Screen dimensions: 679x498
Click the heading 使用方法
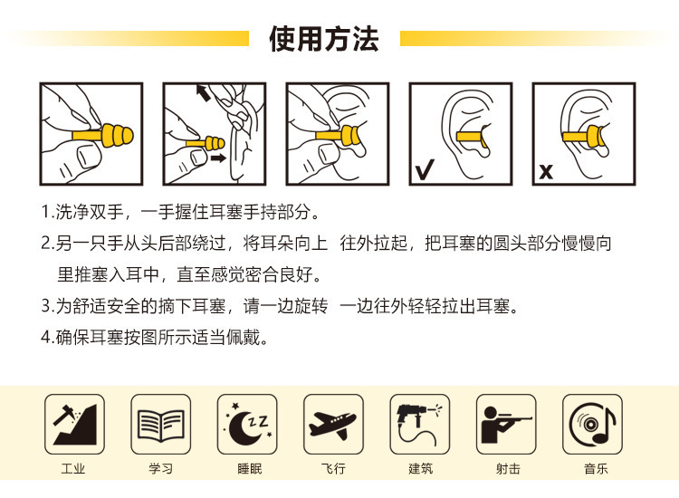click(323, 39)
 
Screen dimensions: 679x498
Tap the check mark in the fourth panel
click(425, 169)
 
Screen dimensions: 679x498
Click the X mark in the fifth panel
click(546, 172)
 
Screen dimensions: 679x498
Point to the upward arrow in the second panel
click(203, 92)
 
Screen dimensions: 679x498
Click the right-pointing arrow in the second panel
click(218, 158)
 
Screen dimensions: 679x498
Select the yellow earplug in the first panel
click(103, 136)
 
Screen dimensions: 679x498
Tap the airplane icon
click(332, 425)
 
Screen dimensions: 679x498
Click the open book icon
click(161, 426)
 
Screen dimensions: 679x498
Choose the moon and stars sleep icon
click(247, 425)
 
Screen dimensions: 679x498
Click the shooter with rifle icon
click(505, 425)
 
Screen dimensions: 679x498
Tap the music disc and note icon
click(592, 424)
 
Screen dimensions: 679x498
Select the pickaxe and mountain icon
click(75, 425)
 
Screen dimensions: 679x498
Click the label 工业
click(73, 468)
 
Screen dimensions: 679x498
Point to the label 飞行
click(333, 468)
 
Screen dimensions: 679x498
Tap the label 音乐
click(596, 468)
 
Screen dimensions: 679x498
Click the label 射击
click(508, 468)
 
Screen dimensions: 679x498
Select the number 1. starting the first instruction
click(48, 212)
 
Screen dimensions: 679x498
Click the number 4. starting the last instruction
click(48, 338)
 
